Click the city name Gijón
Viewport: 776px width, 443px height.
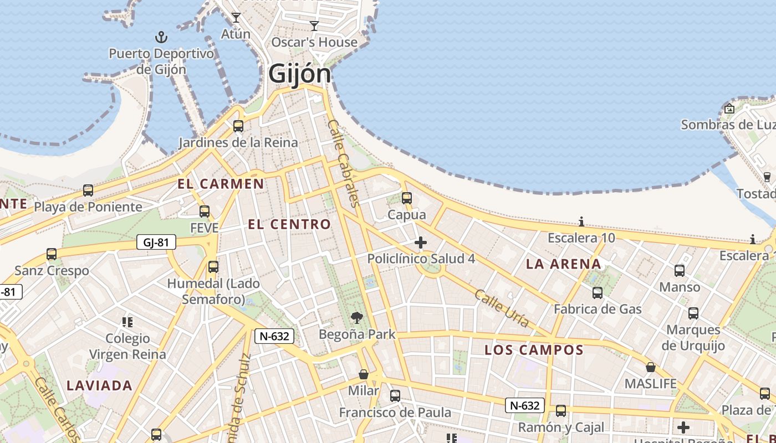tap(299, 74)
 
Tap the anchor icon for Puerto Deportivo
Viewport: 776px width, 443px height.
tap(161, 37)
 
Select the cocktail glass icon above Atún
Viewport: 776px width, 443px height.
tap(236, 18)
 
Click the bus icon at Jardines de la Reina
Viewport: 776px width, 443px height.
tap(238, 126)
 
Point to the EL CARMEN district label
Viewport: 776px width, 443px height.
tap(221, 184)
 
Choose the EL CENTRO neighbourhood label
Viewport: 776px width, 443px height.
tap(289, 224)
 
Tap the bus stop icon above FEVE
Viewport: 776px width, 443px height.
tap(205, 211)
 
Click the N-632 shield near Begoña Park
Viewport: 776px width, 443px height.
tap(274, 336)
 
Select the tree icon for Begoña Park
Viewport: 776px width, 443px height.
tap(357, 318)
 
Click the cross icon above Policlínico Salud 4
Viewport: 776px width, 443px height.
tap(421, 242)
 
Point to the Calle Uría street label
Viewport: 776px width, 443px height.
tap(501, 308)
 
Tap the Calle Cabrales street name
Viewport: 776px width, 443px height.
tap(344, 163)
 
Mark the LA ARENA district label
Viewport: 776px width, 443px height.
tap(563, 264)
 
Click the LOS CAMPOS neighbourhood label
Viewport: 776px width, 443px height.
tap(534, 350)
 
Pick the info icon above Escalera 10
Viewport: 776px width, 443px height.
tap(581, 222)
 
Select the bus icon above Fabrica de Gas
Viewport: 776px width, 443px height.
tap(597, 292)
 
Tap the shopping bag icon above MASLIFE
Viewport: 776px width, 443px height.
tap(651, 367)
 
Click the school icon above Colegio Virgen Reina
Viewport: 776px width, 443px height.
tap(127, 322)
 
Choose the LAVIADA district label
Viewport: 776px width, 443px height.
tap(99, 385)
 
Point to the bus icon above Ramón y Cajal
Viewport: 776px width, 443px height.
tap(561, 411)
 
